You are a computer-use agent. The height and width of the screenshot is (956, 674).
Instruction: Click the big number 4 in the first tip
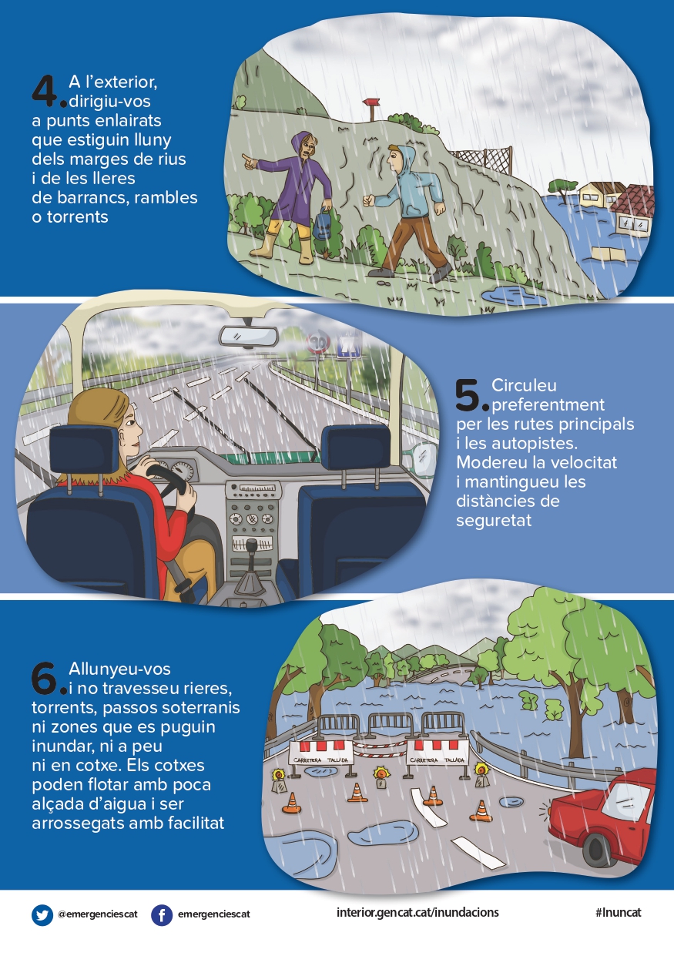pyautogui.click(x=45, y=91)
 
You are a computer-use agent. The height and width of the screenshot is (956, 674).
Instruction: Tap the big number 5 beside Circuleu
pyautogui.click(x=468, y=395)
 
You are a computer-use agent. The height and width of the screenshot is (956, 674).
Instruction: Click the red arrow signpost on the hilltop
pyautogui.click(x=371, y=108)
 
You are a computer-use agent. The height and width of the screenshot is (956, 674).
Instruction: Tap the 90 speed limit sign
pyautogui.click(x=318, y=343)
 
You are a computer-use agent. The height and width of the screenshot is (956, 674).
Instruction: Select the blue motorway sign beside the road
pyautogui.click(x=349, y=346)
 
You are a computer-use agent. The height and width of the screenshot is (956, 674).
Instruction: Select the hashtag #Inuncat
pyautogui.click(x=619, y=912)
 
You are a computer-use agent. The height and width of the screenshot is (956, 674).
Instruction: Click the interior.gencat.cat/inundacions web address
pyautogui.click(x=417, y=912)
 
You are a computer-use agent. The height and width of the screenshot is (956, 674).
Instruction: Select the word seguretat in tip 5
pyautogui.click(x=494, y=520)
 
